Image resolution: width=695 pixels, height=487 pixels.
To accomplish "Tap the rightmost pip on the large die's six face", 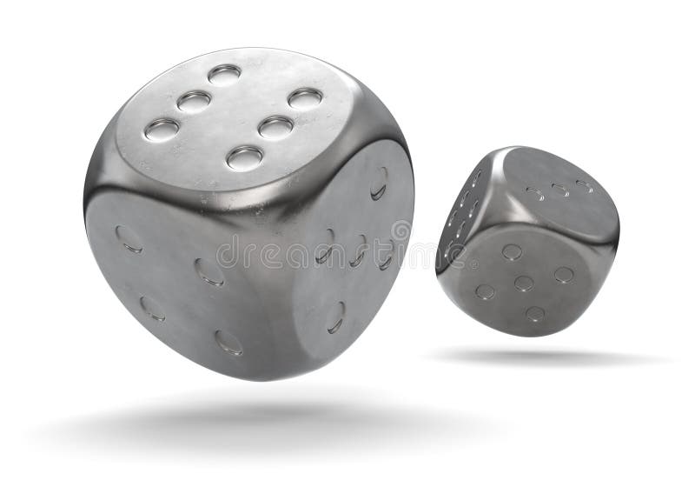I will point(305,97).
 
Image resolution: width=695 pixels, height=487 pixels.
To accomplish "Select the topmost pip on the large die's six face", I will point(224,74).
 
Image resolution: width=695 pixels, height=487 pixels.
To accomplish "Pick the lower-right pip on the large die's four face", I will point(228,342).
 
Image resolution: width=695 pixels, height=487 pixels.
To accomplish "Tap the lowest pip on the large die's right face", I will point(335,317).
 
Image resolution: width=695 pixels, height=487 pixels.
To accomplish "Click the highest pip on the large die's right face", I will point(379,183).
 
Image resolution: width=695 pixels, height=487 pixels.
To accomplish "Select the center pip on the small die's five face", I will point(523,283).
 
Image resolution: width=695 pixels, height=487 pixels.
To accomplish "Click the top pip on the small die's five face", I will point(512,251).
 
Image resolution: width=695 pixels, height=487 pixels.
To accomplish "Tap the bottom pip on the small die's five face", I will point(535,313).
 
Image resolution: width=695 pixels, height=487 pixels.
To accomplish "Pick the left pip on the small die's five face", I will point(484,291).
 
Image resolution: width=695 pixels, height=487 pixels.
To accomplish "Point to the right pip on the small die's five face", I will point(564,274).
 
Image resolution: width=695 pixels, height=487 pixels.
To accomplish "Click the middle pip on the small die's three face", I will point(560,189).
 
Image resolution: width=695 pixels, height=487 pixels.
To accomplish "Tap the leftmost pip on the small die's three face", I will point(535,193).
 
